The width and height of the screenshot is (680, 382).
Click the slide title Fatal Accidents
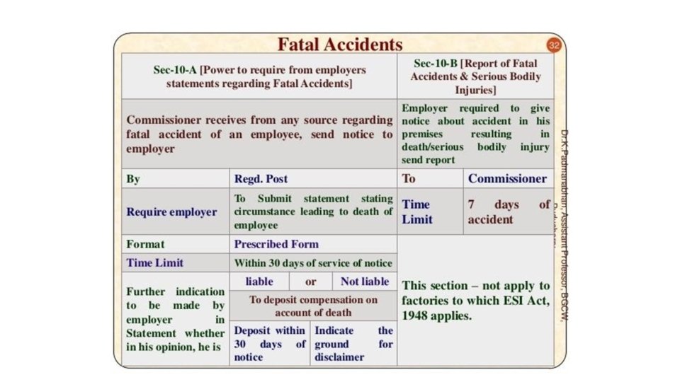point(340,45)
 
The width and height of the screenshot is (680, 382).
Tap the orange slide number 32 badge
point(554,45)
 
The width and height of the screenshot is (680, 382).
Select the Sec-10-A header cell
point(259,76)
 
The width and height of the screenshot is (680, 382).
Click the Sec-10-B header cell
point(475,76)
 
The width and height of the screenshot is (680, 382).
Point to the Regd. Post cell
point(313,179)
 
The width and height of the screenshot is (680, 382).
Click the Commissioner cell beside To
point(507,178)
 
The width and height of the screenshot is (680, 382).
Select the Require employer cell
point(172,212)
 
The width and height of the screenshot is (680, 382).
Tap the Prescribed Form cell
point(313,244)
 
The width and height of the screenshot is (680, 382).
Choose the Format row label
point(172,244)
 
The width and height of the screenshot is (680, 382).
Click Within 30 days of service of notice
point(313,262)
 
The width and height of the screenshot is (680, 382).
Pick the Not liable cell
point(365,281)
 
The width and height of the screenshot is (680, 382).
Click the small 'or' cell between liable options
point(311,281)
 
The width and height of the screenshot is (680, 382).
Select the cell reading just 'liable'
point(259,281)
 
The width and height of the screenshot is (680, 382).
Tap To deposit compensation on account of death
point(313,306)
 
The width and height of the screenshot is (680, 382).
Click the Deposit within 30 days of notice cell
point(270,344)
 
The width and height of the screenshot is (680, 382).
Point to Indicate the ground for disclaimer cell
point(353,344)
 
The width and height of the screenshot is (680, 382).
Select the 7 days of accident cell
point(508,212)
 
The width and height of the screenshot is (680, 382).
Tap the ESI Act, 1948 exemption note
point(475,301)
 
